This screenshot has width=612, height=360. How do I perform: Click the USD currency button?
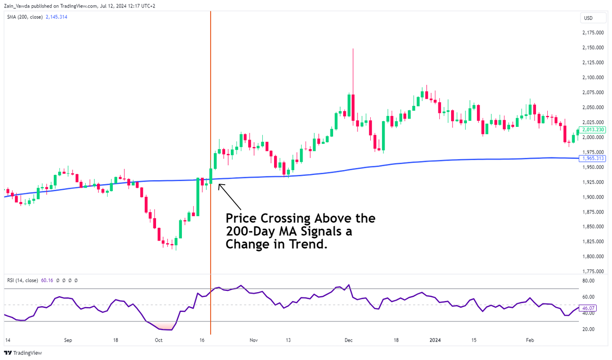(x=588, y=18)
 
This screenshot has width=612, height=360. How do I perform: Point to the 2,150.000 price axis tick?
(x=593, y=48)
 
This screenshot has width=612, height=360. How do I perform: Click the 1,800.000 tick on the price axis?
(x=593, y=256)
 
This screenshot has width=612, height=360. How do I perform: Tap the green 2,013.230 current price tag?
(x=593, y=129)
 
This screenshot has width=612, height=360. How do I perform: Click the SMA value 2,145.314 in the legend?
(x=56, y=17)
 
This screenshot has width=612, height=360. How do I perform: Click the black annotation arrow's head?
(x=219, y=185)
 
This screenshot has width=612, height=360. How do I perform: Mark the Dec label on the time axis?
(x=348, y=339)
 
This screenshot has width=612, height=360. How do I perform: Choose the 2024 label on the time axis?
(x=435, y=339)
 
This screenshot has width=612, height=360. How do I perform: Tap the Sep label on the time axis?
(x=68, y=339)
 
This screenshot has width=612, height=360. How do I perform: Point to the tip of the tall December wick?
(x=353, y=49)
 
